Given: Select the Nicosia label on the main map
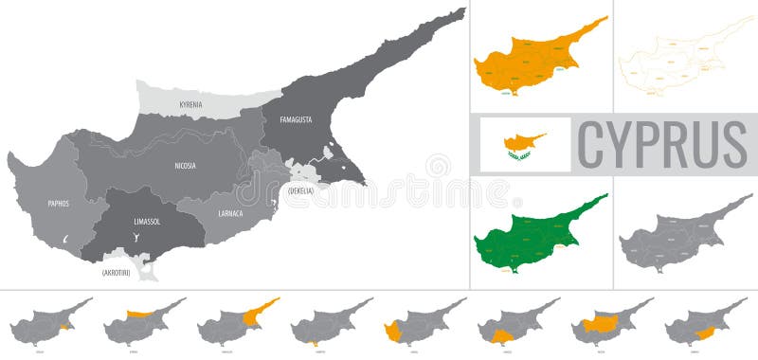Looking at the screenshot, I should point(186,166).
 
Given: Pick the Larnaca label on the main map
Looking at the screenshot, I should point(229,213).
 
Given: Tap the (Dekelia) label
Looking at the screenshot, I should point(300,191).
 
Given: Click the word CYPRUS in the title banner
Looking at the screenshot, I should point(660,145).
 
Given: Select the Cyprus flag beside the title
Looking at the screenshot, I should point(525,144).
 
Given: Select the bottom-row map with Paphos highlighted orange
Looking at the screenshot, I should point(423,322).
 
